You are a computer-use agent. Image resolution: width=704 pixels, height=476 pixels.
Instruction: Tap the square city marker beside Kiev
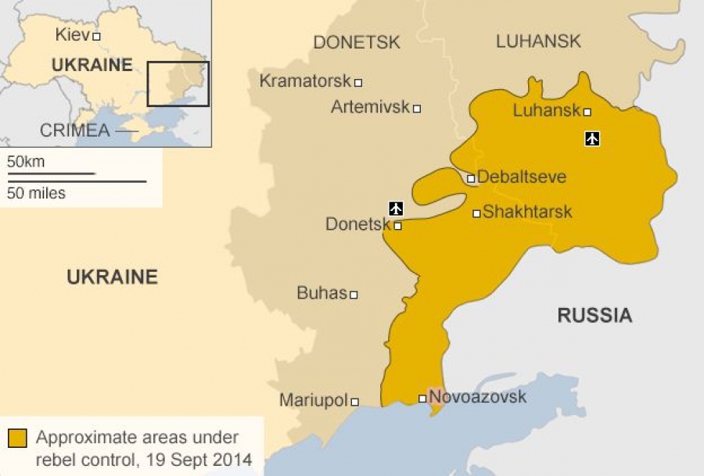coord(96,36)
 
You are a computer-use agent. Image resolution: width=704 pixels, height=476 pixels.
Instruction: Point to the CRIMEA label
coord(75,131)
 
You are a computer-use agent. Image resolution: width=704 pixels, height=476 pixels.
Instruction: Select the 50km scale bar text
coord(26,162)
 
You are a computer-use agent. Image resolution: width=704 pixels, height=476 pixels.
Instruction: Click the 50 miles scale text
coord(36,192)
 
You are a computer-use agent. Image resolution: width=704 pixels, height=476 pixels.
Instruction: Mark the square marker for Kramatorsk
coord(358,82)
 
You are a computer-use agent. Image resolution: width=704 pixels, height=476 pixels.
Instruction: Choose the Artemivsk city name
coord(370,107)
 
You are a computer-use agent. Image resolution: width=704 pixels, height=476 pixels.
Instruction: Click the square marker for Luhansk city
coord(587,112)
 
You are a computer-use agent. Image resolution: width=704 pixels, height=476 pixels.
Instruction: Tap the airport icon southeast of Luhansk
coord(592,139)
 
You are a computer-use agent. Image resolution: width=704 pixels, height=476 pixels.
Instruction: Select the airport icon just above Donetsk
coord(396,208)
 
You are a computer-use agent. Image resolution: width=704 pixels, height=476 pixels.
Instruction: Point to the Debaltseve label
coord(521,177)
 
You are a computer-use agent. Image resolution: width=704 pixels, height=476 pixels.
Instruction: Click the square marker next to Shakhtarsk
coord(476,213)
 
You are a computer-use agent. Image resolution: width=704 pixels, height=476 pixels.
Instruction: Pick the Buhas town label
coord(321,293)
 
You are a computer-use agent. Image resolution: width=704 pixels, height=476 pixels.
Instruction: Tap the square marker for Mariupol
coord(354,402)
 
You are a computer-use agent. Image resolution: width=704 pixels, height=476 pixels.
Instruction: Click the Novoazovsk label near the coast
coord(478,397)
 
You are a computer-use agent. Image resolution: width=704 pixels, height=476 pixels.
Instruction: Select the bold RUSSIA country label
coord(594,315)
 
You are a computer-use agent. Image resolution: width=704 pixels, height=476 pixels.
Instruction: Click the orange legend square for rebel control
coord(18,438)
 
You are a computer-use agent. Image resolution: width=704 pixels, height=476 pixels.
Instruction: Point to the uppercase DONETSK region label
coord(357,42)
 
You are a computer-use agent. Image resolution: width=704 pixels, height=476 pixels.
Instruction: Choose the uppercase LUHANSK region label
coord(538,41)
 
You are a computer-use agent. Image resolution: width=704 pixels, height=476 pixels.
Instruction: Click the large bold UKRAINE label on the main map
coord(112,276)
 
